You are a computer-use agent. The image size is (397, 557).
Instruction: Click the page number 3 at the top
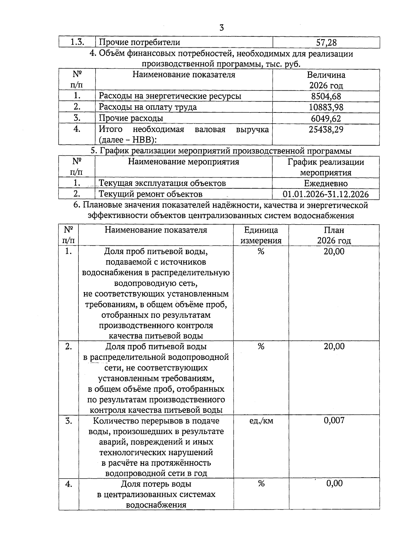tap(221, 28)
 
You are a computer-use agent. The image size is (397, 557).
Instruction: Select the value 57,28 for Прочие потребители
tap(326, 42)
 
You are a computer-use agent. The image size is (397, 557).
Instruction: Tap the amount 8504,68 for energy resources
tap(326, 96)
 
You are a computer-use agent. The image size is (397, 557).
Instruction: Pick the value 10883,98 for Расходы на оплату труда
tap(326, 107)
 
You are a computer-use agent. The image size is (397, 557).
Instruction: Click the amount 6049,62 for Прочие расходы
tap(326, 118)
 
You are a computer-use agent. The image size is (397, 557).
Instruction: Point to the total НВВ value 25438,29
tap(326, 129)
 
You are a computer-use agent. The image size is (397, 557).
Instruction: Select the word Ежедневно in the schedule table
tap(326, 183)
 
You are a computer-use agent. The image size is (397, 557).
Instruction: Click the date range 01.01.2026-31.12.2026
tap(326, 194)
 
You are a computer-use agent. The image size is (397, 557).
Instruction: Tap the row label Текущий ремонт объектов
tap(151, 194)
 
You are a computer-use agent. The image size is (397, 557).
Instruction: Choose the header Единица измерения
tap(261, 235)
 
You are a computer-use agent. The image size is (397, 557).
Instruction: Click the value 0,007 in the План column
tap(334, 420)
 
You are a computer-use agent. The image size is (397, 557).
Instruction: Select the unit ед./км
tap(261, 421)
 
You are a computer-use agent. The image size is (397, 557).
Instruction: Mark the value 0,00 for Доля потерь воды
tap(334, 484)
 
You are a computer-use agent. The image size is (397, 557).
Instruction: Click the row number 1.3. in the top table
tap(77, 42)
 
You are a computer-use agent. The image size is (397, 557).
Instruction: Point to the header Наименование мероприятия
tap(183, 162)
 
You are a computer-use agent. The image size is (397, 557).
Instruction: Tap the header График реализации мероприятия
tap(326, 167)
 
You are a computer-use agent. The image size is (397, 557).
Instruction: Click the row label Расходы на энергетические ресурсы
tap(170, 96)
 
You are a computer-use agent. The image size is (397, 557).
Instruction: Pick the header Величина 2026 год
tap(326, 80)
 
